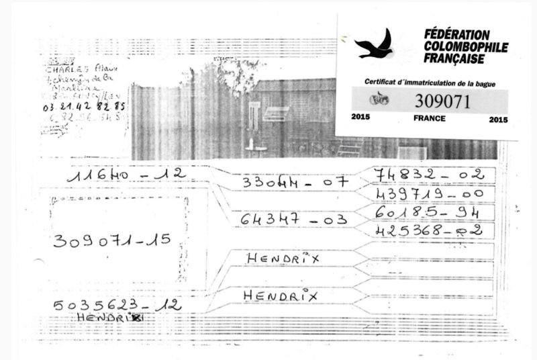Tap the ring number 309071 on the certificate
pos(443,101)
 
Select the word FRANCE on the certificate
pos(430,118)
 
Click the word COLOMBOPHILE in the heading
pos(466,47)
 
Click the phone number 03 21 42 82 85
pos(83,106)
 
